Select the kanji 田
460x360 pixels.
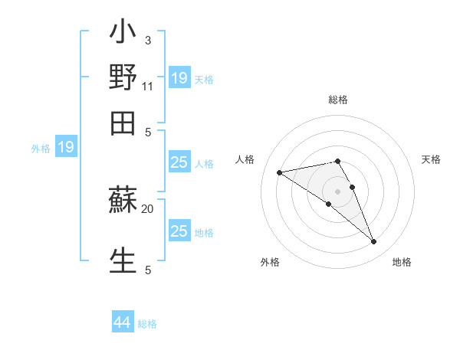coord(123,122)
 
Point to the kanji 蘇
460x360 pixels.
coord(123,201)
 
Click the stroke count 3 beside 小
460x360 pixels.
coord(147,40)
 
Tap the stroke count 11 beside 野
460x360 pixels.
coord(147,86)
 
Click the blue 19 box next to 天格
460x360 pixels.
coord(179,78)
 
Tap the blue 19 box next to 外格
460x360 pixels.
coord(66,146)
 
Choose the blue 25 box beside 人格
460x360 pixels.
coord(179,162)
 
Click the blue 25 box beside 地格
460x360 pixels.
coord(179,231)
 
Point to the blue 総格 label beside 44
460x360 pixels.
coord(147,324)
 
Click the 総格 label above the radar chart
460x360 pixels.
coord(338,100)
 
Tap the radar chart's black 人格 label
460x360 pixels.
coord(245,159)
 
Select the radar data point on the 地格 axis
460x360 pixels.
coord(374,242)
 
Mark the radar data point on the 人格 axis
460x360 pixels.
coord(279,172)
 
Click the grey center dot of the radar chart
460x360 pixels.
coord(337,191)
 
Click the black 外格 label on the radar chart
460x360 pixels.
coord(270,262)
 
